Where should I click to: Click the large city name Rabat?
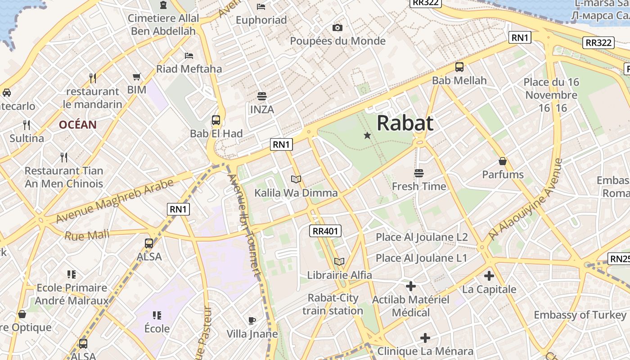pyautogui.click(x=405, y=123)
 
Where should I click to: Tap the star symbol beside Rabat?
pyautogui.click(x=367, y=135)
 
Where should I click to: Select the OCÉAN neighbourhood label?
pyautogui.click(x=78, y=125)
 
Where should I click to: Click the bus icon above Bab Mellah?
pyautogui.click(x=459, y=67)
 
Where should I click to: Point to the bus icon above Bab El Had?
pyautogui.click(x=216, y=120)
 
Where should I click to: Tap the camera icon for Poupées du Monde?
pyautogui.click(x=337, y=28)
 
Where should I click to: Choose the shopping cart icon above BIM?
pyautogui.click(x=137, y=76)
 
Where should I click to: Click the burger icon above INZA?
pyautogui.click(x=262, y=96)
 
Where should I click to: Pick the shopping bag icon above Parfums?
pyautogui.click(x=503, y=161)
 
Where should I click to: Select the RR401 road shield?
pyautogui.click(x=326, y=231)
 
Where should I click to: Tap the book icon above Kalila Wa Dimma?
pyautogui.click(x=296, y=180)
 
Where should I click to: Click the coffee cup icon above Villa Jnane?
pyautogui.click(x=252, y=320)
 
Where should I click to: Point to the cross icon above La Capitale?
pyautogui.click(x=489, y=276)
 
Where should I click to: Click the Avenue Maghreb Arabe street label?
pyautogui.click(x=115, y=201)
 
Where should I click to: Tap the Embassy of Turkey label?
pyautogui.click(x=580, y=315)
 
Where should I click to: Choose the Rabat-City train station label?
pyautogui.click(x=333, y=304)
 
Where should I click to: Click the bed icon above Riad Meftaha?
pyautogui.click(x=189, y=56)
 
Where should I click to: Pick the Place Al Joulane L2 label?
pyautogui.click(x=422, y=237)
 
